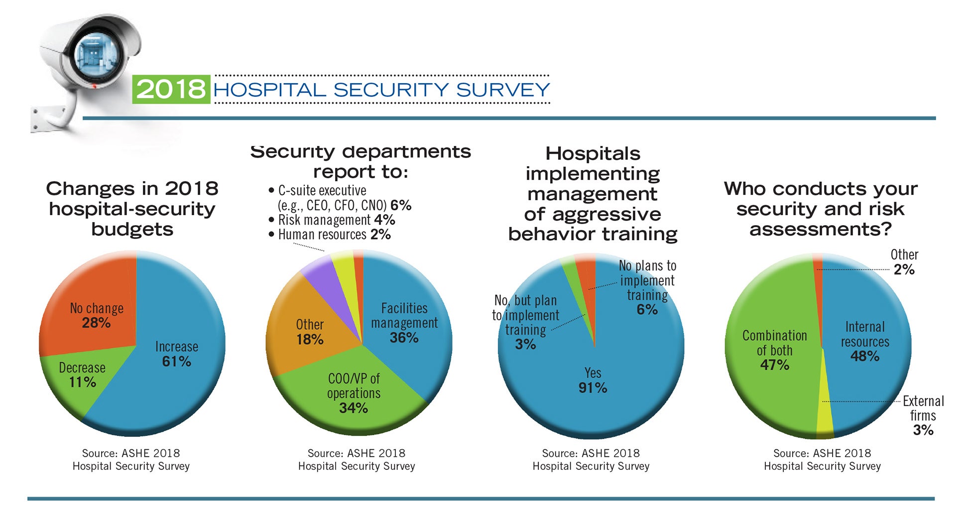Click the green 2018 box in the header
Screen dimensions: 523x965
point(171,89)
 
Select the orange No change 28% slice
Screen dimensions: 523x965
point(95,304)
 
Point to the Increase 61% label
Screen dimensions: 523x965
point(176,354)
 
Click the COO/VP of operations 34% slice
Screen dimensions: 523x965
point(353,393)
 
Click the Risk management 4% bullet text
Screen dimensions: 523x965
point(336,220)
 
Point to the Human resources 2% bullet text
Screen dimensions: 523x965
point(334,235)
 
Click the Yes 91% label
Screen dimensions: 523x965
point(593,381)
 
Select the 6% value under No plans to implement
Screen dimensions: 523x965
point(647,310)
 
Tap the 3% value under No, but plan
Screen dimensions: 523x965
point(525,345)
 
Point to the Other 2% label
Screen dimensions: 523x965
point(904,262)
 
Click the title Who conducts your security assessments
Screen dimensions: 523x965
point(820,209)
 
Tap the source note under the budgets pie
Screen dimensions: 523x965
point(131,459)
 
